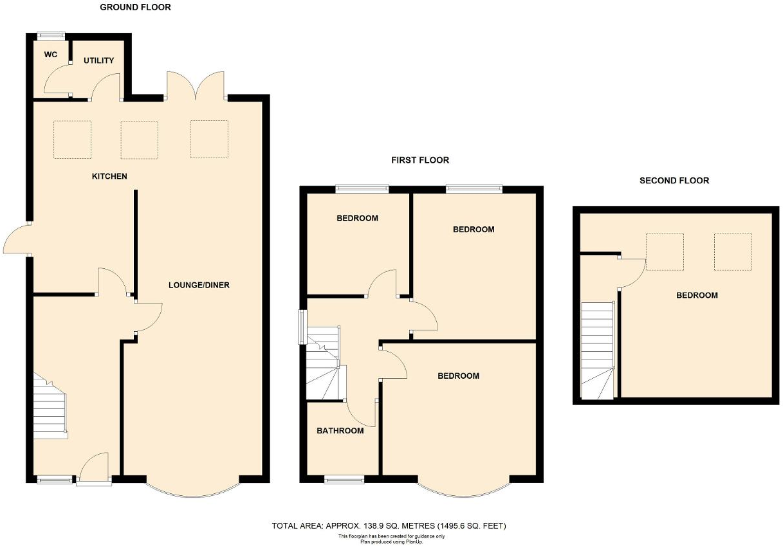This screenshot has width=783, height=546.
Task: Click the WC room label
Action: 51,55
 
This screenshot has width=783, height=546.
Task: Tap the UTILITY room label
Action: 98,60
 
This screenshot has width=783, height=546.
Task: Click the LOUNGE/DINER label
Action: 199,285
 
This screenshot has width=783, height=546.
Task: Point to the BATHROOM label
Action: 340,431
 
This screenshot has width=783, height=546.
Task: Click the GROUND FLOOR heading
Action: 135,8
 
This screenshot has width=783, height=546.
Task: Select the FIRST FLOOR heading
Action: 420,160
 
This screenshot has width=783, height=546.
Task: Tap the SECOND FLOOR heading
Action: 674,181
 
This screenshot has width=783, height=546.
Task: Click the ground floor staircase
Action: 50,408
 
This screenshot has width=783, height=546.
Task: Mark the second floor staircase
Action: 596,350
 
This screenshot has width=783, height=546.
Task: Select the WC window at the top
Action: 50,35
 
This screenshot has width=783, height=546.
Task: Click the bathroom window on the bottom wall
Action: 344,479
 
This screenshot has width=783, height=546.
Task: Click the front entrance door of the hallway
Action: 94,469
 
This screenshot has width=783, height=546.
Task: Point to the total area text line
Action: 389,526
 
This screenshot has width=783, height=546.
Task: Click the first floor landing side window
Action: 301,327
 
